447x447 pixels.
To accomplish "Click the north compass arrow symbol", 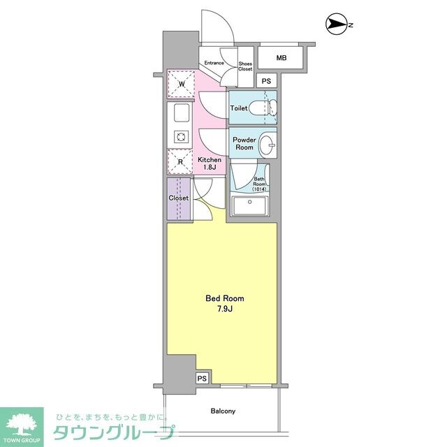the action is click(x=337, y=24).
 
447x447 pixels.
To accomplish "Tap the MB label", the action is click(x=281, y=58).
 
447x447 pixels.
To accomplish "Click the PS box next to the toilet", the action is click(x=267, y=81).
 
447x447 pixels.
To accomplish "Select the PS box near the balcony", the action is click(x=202, y=379).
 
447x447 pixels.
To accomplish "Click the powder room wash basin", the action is click(x=268, y=145).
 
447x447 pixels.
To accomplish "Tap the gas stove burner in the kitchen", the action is click(x=181, y=137).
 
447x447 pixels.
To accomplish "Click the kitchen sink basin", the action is click(x=182, y=112).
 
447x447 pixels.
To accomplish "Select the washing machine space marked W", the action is click(x=181, y=84).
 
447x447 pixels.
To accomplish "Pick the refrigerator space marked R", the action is click(x=180, y=161).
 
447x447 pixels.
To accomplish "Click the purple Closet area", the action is click(x=179, y=198).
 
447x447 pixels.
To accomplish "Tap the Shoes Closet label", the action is click(x=245, y=66).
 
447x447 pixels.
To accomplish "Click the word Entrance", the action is click(x=214, y=63).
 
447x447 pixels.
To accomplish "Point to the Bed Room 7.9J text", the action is click(x=225, y=303).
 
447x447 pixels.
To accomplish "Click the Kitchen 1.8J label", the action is click(x=210, y=163).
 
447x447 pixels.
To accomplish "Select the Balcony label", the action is click(x=223, y=411).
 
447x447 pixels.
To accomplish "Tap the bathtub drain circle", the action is click(x=250, y=202).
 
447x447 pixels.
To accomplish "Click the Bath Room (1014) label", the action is click(x=259, y=184).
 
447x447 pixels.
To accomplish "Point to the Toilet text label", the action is click(x=239, y=108).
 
